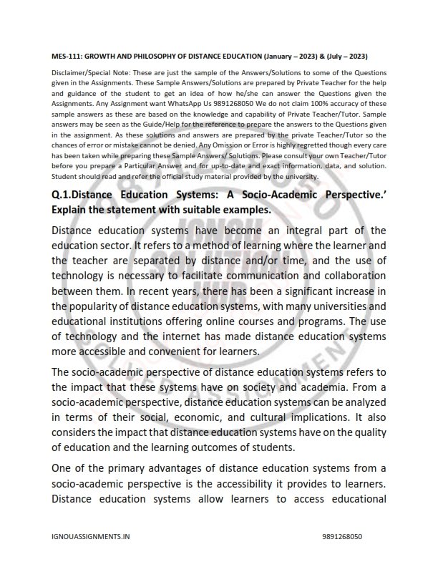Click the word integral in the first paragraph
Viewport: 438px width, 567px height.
coord(297,231)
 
